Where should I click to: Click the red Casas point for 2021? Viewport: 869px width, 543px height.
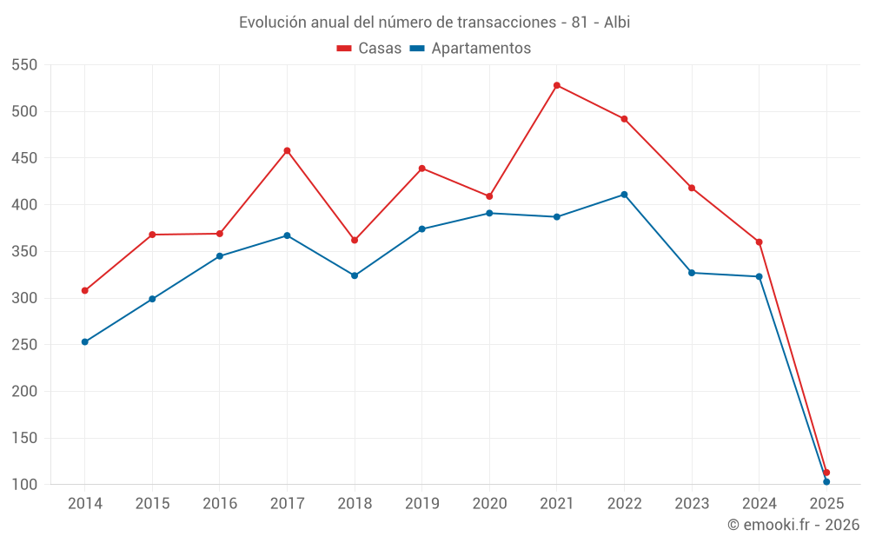click(557, 85)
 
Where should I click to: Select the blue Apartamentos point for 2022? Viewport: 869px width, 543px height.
click(624, 195)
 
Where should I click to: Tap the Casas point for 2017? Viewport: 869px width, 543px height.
click(287, 150)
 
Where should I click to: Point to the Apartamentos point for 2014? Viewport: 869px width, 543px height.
click(85, 341)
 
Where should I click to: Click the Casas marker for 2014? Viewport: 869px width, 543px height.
click(85, 290)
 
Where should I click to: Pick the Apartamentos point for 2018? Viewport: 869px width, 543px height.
click(355, 275)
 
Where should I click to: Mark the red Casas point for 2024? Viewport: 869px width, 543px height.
click(759, 242)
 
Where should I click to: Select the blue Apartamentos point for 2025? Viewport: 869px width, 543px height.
click(826, 481)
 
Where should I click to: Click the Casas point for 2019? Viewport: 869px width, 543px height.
click(422, 169)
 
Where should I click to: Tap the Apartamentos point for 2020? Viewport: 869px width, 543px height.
click(489, 213)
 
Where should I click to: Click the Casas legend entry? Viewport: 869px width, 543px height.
click(369, 49)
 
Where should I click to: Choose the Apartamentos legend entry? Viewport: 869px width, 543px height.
click(470, 49)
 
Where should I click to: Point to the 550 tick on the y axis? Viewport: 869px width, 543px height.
click(24, 65)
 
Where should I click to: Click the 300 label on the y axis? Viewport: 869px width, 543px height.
click(24, 298)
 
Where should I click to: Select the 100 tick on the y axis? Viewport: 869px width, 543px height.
click(24, 485)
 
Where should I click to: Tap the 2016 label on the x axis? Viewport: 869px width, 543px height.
click(220, 504)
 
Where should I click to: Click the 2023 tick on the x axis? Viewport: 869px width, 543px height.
click(692, 504)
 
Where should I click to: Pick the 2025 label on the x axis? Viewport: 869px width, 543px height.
click(826, 504)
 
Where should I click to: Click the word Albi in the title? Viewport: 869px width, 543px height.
click(616, 23)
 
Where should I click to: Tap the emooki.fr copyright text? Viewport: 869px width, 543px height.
click(793, 525)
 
